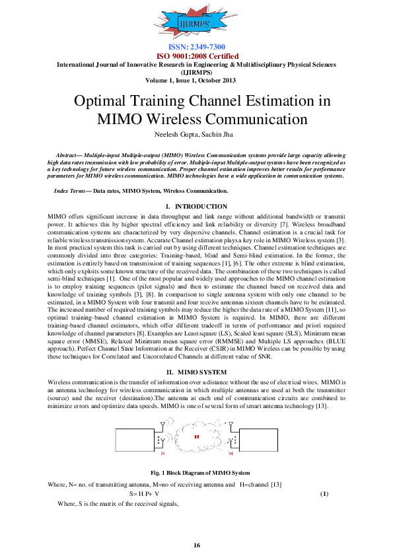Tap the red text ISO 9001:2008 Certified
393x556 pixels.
[196, 56]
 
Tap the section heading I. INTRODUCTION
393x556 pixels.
[196, 207]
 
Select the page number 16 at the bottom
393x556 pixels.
[196, 545]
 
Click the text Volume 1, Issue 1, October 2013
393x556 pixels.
[196, 81]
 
